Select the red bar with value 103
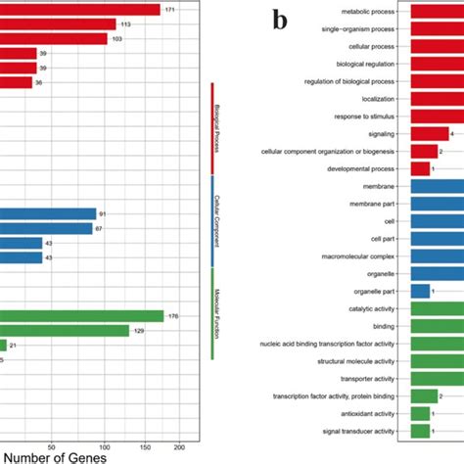54,38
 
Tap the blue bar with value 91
48,213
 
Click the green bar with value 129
64,331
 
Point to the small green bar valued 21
4,346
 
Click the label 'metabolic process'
368,12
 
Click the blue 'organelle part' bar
420,291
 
